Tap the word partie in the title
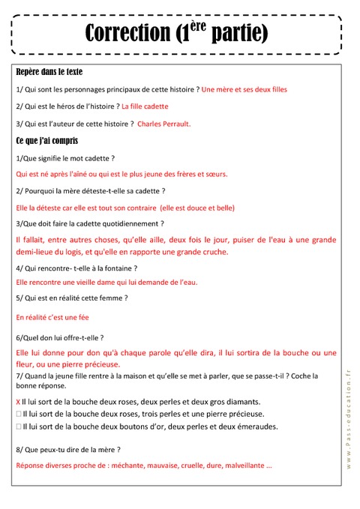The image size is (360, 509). [239, 33]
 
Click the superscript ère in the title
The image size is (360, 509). [196, 25]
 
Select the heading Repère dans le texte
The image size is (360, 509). [49, 72]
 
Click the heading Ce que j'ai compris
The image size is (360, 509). [46, 140]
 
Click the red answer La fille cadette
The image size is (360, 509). [145, 106]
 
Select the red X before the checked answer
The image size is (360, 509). [18, 402]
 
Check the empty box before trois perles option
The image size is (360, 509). [18, 414]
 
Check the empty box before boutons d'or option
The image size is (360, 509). [18, 427]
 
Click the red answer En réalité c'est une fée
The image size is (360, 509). [52, 317]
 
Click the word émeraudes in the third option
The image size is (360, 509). [255, 427]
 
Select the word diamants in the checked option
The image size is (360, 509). [240, 402]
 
